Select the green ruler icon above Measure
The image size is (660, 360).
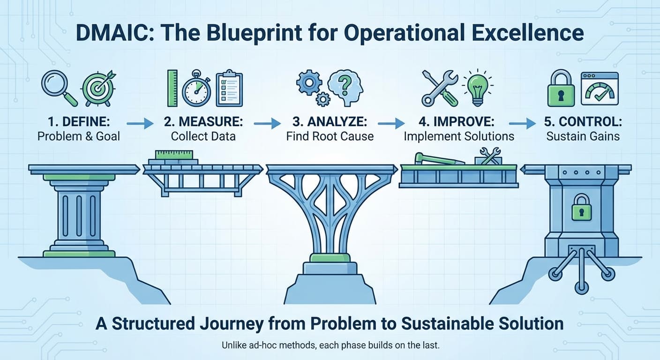[x=172, y=88]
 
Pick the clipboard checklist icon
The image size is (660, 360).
[x=228, y=88]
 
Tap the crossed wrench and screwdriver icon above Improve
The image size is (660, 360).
[x=440, y=88]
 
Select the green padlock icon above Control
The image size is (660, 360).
[x=561, y=89]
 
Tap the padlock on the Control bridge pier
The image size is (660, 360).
[x=581, y=208]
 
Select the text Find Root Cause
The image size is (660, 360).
[x=330, y=136]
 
